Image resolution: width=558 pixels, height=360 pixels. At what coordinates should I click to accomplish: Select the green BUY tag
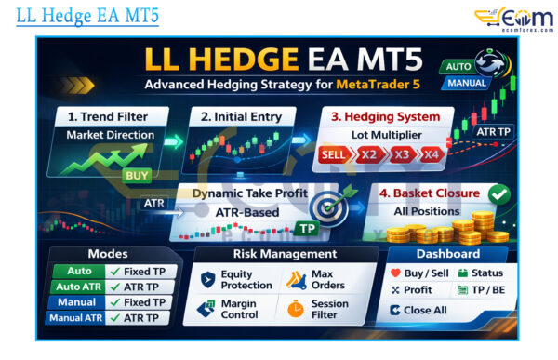(x=137, y=174)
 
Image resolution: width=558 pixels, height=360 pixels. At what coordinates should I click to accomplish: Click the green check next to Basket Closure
(x=498, y=193)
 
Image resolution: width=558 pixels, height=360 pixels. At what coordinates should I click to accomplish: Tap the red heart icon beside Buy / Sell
(x=396, y=273)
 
